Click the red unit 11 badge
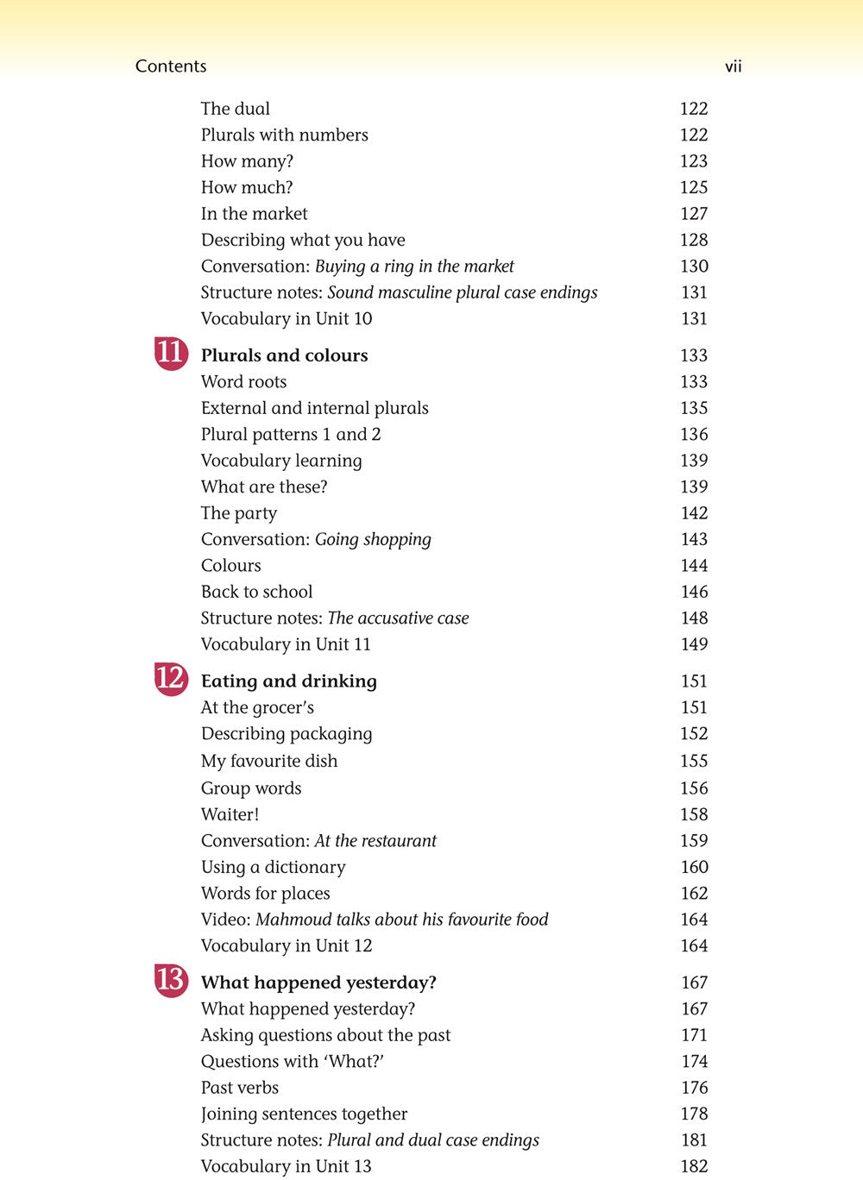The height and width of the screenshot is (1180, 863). click(171, 354)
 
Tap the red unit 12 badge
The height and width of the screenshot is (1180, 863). click(171, 679)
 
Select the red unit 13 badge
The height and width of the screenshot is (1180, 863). click(171, 980)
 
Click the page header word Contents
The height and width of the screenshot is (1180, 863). click(171, 66)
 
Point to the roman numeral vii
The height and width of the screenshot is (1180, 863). click(733, 66)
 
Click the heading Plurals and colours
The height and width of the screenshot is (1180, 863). click(284, 355)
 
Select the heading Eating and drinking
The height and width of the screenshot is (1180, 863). click(288, 681)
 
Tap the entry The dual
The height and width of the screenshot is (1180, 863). click(235, 109)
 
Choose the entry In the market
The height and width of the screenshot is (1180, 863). click(254, 214)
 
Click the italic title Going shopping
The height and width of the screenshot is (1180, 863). click(373, 540)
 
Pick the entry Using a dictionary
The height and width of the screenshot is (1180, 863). click(273, 868)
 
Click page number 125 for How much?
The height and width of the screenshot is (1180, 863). click(693, 187)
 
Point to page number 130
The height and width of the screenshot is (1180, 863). click(693, 267)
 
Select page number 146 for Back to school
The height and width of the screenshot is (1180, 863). click(693, 592)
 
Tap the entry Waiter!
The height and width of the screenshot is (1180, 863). click(230, 814)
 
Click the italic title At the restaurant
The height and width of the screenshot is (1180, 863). click(375, 841)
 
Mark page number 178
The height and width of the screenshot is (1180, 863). click(693, 1114)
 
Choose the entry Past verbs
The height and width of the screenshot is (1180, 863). click(239, 1088)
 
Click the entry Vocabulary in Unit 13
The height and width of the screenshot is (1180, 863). click(286, 1166)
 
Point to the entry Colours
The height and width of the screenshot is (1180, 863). click(230, 566)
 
